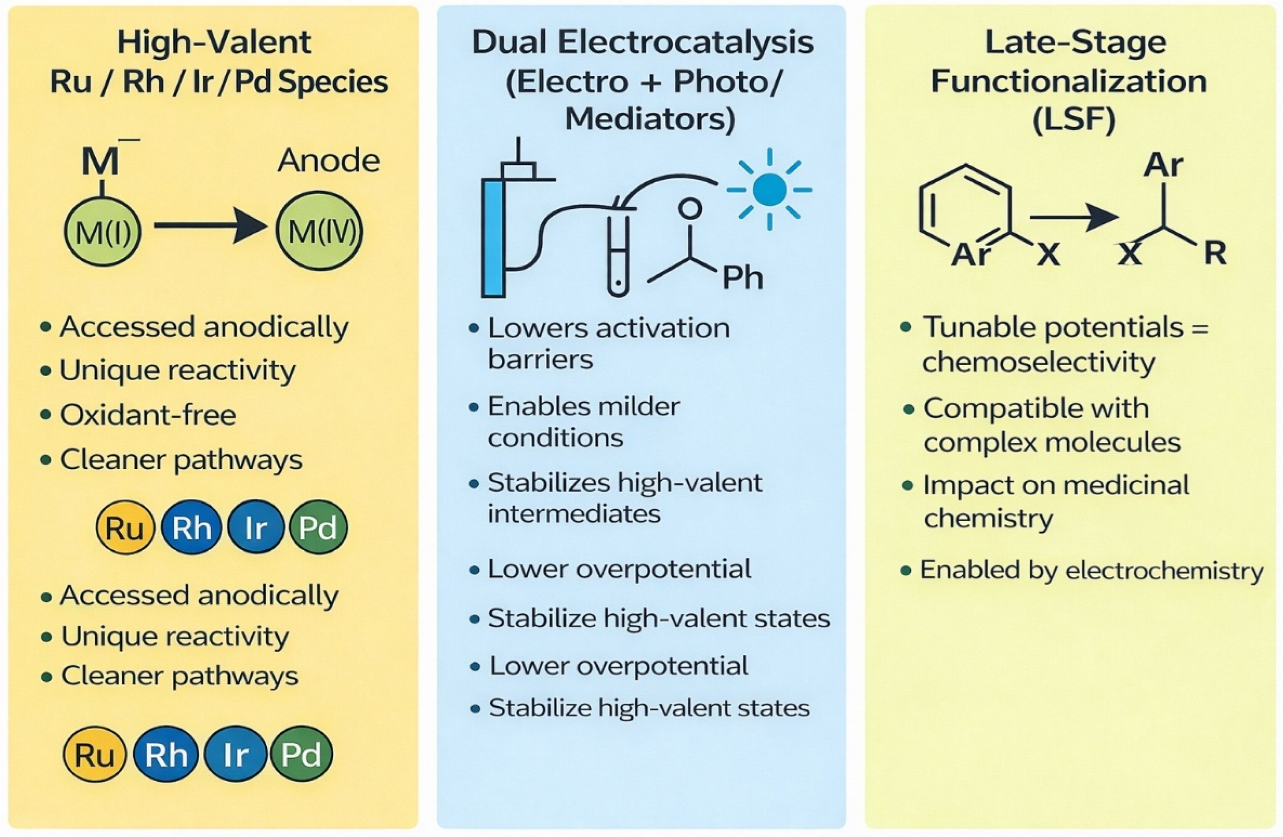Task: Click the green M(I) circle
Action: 102,233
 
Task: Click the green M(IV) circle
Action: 320,232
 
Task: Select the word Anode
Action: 328,161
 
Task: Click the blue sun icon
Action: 769,189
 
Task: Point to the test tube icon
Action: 618,253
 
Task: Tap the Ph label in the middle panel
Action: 742,278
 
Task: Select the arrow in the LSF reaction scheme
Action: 1073,218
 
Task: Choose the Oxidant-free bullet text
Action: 148,415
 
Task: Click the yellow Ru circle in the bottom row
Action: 94,754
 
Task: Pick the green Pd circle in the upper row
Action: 318,527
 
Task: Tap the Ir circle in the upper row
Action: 255,527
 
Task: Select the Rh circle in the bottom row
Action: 166,754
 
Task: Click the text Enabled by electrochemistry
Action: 1091,570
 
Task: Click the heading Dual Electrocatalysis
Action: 642,43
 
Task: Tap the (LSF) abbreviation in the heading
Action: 1073,120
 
